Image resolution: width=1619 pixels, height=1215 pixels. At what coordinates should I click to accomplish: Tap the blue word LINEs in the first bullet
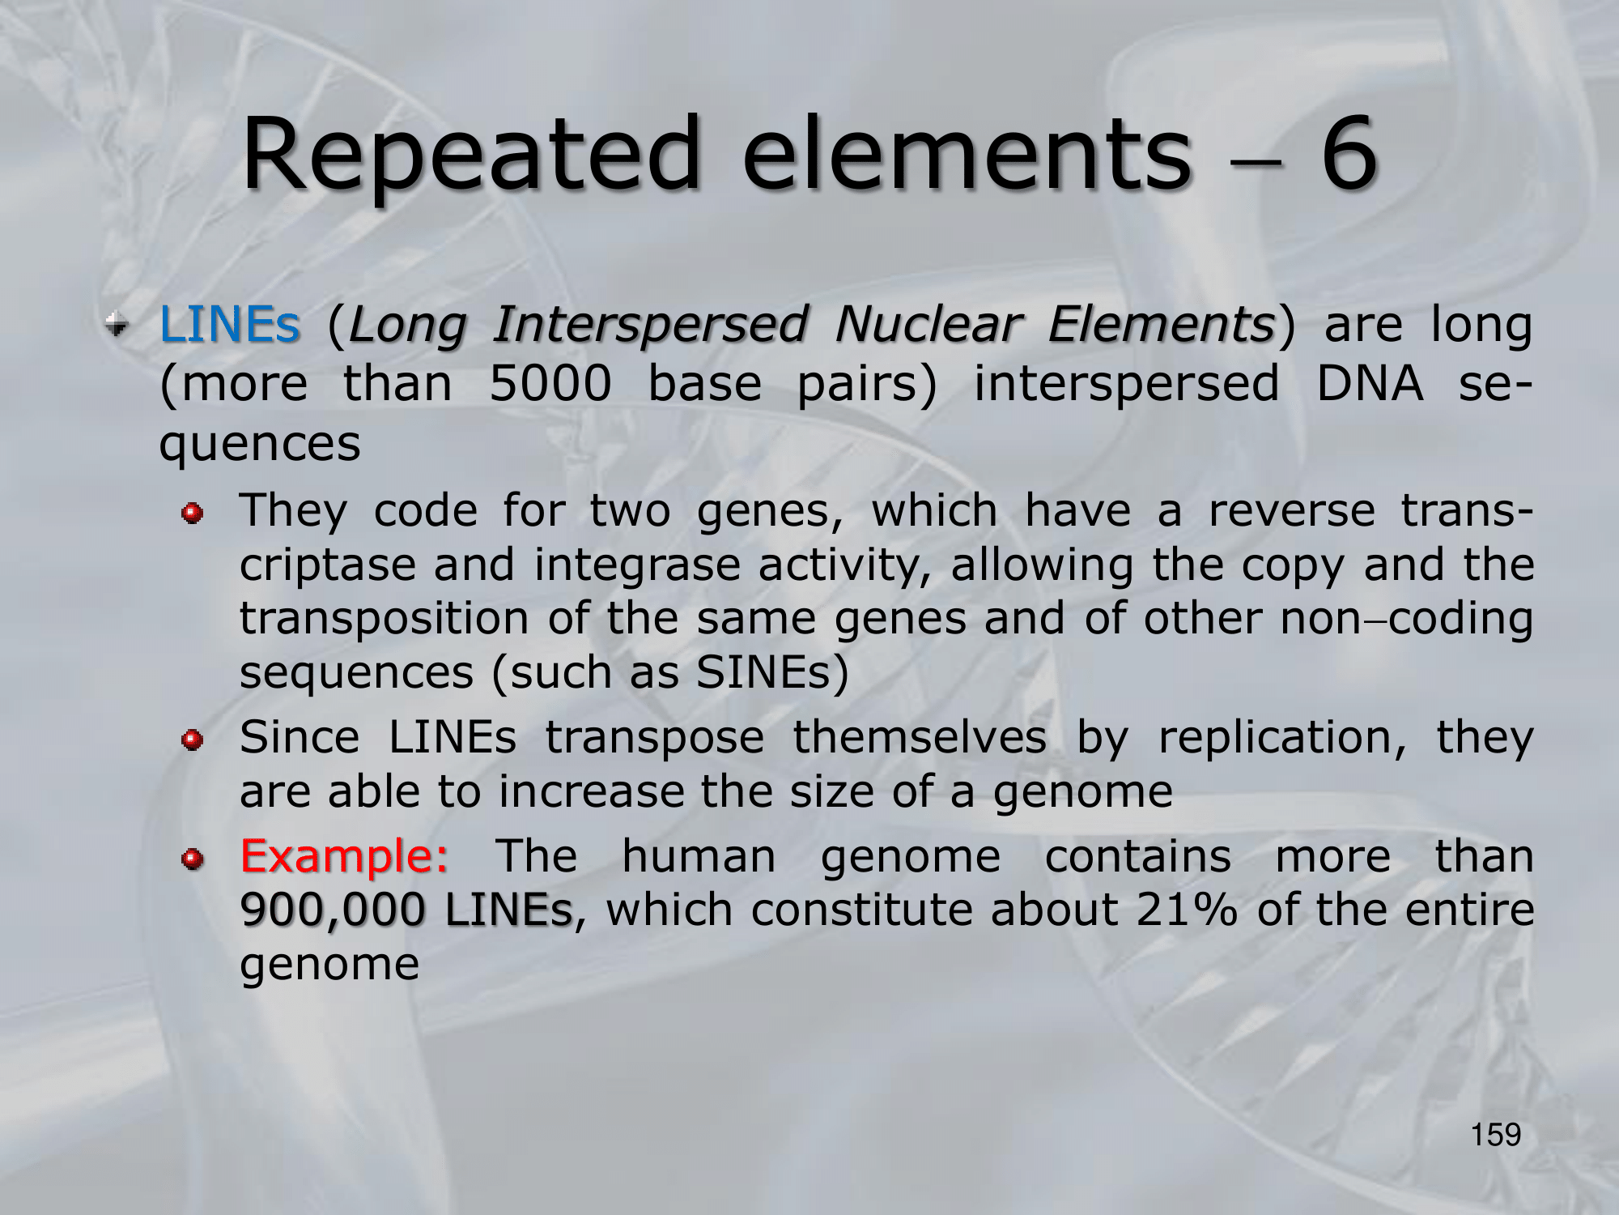point(230,325)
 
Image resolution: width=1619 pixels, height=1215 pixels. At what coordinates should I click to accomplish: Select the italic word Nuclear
point(927,325)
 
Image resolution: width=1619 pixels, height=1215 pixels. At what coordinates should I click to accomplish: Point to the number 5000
point(550,383)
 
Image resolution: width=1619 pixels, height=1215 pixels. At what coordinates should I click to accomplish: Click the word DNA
point(1369,383)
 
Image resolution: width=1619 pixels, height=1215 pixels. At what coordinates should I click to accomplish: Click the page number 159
point(1496,1135)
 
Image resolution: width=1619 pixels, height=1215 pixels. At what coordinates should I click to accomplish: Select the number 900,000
point(333,910)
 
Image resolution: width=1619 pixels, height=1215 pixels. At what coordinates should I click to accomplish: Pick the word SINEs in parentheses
point(764,672)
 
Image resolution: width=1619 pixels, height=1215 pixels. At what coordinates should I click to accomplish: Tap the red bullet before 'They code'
point(192,514)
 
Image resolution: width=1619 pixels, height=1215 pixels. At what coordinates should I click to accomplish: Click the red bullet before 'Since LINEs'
point(192,740)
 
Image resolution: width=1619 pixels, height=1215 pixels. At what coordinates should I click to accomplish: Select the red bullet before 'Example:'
point(192,859)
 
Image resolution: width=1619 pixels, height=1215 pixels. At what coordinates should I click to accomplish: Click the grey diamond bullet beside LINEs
point(117,326)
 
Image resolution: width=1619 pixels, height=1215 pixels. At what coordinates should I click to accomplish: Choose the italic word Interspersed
point(650,325)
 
